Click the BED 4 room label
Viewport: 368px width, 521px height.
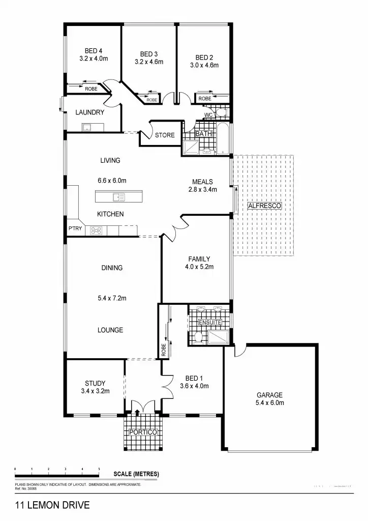pyautogui.click(x=94, y=50)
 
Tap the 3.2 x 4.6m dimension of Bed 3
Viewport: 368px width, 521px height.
pyautogui.click(x=149, y=62)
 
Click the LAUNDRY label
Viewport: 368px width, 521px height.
pyautogui.click(x=90, y=112)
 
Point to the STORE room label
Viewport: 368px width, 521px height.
pyautogui.click(x=165, y=135)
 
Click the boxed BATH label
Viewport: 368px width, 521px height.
pyautogui.click(x=203, y=134)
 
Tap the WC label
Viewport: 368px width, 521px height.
pyautogui.click(x=208, y=115)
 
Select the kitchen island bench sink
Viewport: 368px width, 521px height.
pyautogui.click(x=119, y=196)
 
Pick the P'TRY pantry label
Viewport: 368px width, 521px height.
pyautogui.click(x=75, y=229)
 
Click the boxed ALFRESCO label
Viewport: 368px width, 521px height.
pyautogui.click(x=264, y=206)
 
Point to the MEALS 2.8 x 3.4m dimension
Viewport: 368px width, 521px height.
pyautogui.click(x=202, y=190)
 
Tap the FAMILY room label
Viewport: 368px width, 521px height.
pyautogui.click(x=199, y=259)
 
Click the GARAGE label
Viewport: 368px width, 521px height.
pyautogui.click(x=269, y=395)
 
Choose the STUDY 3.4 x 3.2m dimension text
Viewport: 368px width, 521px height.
pyautogui.click(x=95, y=391)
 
